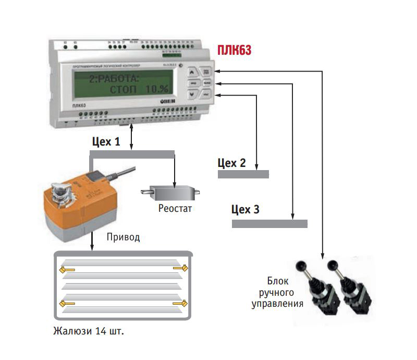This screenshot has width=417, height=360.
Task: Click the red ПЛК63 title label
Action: (234, 50)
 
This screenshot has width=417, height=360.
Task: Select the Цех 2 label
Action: (231, 163)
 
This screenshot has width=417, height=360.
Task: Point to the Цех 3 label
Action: (245, 210)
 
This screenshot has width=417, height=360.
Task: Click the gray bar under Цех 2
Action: (243, 174)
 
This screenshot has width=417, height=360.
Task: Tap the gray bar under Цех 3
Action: (269, 223)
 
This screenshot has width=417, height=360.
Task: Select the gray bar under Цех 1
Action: (132, 154)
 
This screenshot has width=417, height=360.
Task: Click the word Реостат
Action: (175, 209)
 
